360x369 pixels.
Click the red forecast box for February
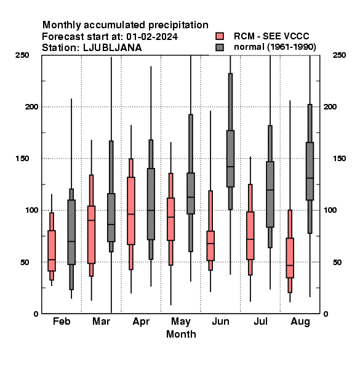tap(52, 251)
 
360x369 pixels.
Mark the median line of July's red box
tap(250, 239)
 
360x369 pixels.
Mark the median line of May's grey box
tap(191, 197)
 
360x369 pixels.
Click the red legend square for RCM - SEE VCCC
tap(220, 36)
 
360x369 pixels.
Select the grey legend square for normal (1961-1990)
tap(220, 47)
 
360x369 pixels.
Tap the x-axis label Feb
tap(62, 321)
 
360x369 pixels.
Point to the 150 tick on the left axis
tap(22, 159)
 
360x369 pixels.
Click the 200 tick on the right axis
tap(330, 106)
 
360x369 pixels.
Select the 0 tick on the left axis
tap(36, 314)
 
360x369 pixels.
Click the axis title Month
tap(181, 334)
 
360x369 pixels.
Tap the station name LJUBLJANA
tap(113, 48)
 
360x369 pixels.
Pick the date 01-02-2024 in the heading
tap(152, 37)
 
